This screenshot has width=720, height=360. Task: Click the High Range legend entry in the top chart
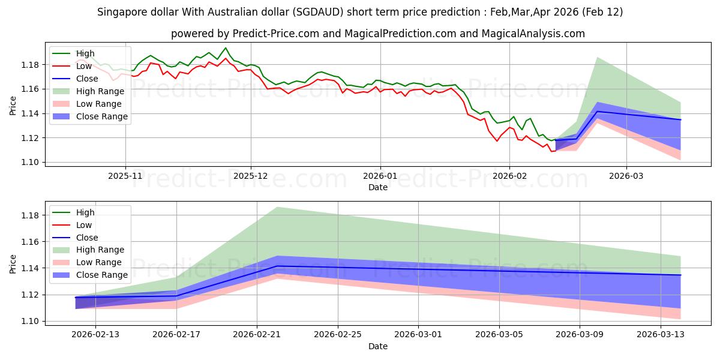click(x=100, y=91)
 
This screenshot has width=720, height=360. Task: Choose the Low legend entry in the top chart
click(x=85, y=66)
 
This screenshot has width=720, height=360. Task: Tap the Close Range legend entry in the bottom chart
click(x=102, y=275)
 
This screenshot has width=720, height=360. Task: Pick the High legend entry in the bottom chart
click(x=85, y=212)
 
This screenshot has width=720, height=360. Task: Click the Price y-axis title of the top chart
click(x=13, y=104)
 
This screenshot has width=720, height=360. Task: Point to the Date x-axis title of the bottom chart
click(x=378, y=346)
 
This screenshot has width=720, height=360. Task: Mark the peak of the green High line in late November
click(x=226, y=47)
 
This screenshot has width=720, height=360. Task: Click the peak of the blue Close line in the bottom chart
click(x=277, y=266)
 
